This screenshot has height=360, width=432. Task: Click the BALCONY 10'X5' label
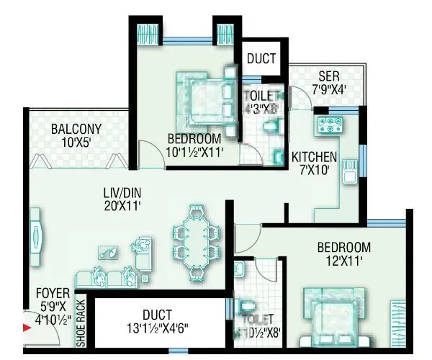click(x=76, y=135)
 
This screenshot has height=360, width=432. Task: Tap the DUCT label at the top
click(x=261, y=59)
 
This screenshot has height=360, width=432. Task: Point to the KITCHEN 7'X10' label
click(x=314, y=163)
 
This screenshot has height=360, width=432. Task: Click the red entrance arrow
click(x=27, y=328)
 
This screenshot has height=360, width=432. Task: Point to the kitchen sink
click(x=351, y=174)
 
